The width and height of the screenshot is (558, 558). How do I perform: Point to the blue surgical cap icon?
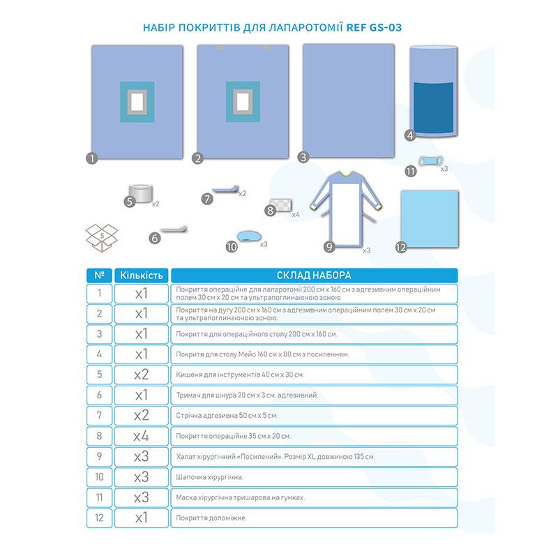(x=246, y=238)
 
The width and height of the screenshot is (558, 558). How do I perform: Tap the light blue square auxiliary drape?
(x=430, y=217)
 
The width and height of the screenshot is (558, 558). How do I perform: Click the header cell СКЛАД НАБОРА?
(x=315, y=275)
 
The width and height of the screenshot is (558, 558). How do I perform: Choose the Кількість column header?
(x=141, y=275)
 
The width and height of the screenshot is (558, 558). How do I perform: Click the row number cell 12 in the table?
(x=99, y=518)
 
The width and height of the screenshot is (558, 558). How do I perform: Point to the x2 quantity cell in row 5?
(x=141, y=375)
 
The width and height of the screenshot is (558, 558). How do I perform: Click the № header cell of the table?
(x=99, y=275)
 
